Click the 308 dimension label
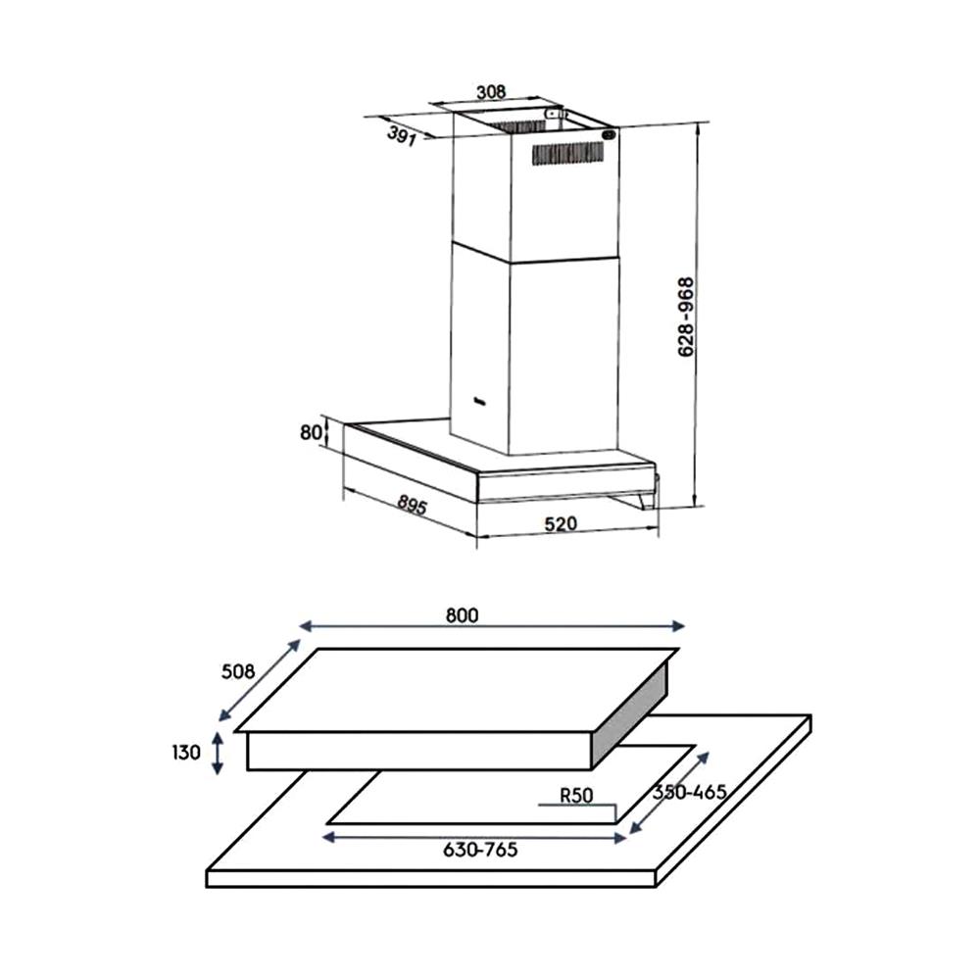click(x=490, y=92)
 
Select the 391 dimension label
click(x=400, y=136)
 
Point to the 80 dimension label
click(x=311, y=432)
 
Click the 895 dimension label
click(x=412, y=506)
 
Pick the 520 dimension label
click(x=560, y=524)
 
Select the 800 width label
click(x=461, y=615)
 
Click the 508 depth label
click(x=237, y=671)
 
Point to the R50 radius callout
click(x=576, y=796)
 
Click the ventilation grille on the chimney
click(x=567, y=153)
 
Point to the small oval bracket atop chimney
click(x=608, y=136)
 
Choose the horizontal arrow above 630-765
click(x=474, y=836)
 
